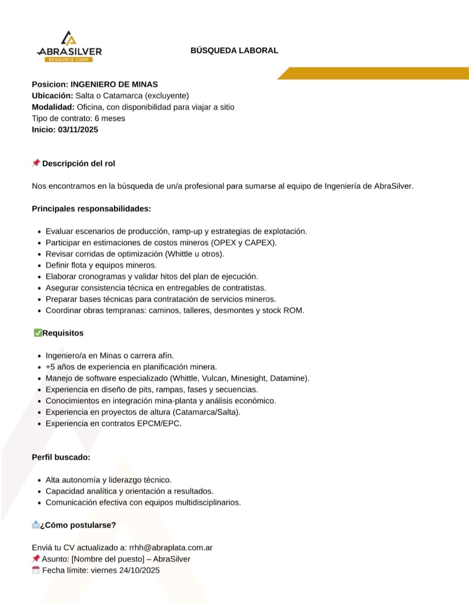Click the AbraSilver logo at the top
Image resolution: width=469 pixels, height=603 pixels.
[x=69, y=47]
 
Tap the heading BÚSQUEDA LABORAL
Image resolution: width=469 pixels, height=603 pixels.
[x=234, y=50]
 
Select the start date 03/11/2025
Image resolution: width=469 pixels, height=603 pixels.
[x=78, y=130]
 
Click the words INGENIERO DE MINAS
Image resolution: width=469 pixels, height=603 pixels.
[x=114, y=84]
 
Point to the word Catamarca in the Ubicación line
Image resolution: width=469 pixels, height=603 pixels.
[x=122, y=96]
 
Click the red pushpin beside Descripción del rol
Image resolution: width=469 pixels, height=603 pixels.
[x=36, y=163]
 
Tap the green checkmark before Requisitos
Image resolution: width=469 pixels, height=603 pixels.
[x=37, y=333]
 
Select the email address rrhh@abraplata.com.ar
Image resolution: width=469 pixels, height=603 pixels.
[x=171, y=548]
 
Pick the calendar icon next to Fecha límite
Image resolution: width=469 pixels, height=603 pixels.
[x=36, y=570]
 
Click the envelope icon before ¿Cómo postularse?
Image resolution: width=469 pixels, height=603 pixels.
[x=36, y=525]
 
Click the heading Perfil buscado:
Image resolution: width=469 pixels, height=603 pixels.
[x=61, y=457]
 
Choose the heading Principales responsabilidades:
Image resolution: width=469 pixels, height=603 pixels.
[x=91, y=209]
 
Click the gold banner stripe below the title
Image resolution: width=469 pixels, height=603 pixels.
[x=373, y=73]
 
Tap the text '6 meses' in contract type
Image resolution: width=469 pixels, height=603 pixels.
[x=110, y=118]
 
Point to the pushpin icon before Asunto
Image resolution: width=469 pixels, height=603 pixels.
[x=36, y=559]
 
